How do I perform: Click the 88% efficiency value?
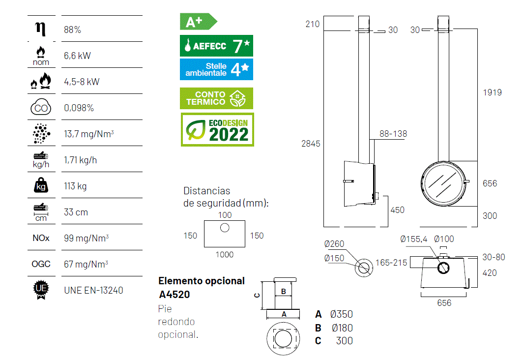(73, 30)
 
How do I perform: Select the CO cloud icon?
(41, 107)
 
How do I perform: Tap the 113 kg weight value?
(75, 186)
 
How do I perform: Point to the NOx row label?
(41, 238)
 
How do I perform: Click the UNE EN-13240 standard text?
(93, 291)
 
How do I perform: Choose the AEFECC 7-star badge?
(217, 45)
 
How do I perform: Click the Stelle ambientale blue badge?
(217, 69)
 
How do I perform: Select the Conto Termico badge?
(217, 98)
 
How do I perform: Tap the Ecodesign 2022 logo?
(217, 130)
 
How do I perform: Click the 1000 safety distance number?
(225, 255)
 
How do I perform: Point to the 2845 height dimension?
(311, 144)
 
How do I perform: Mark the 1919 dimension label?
(492, 92)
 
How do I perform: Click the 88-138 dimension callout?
(393, 134)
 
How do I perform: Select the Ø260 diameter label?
(334, 244)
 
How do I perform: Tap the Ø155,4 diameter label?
(414, 239)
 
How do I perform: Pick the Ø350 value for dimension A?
(342, 314)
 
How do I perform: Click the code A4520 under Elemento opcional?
(175, 295)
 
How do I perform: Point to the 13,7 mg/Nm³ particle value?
(89, 134)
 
